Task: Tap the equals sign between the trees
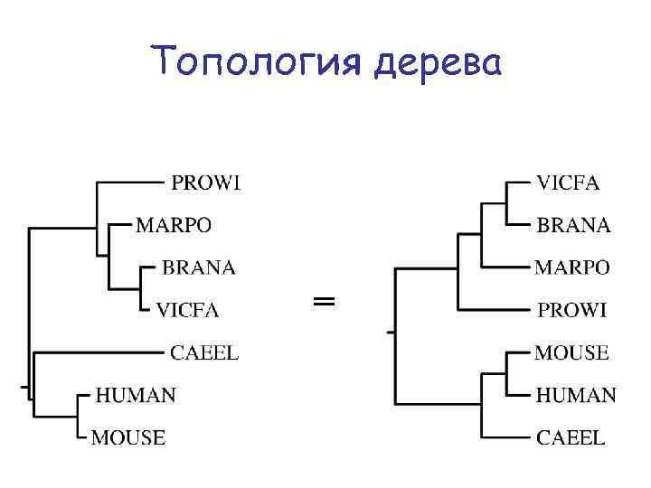(x=324, y=301)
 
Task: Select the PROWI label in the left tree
(x=206, y=183)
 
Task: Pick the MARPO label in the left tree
(x=175, y=224)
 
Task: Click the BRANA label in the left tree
(x=199, y=267)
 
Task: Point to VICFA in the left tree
(x=187, y=310)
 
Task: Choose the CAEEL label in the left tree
(x=204, y=352)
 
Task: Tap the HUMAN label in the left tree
(x=136, y=395)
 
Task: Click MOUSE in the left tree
(x=129, y=437)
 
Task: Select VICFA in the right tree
(x=568, y=183)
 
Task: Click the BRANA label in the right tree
(x=574, y=225)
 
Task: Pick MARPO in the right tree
(x=572, y=267)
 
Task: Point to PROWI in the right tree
(x=571, y=310)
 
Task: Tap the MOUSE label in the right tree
(x=571, y=352)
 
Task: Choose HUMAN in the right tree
(x=576, y=395)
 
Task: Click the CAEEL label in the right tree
(x=571, y=437)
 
